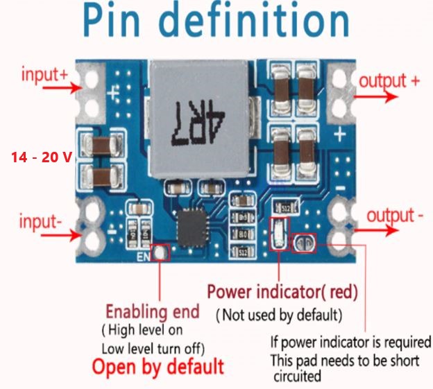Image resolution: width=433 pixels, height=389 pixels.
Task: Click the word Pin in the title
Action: click(x=111, y=21)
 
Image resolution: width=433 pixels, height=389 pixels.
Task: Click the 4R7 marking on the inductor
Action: click(x=198, y=123)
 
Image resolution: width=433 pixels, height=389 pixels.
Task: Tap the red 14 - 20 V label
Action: click(x=42, y=157)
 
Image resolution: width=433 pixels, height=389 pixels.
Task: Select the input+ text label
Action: click(x=44, y=74)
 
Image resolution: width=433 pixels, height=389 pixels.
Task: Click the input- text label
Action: click(x=40, y=221)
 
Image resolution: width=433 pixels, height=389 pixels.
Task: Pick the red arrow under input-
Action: click(x=61, y=235)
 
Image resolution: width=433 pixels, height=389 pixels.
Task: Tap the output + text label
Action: click(x=389, y=82)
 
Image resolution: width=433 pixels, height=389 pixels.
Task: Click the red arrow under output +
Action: click(x=376, y=96)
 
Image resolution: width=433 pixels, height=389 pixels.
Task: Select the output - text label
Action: click(x=395, y=216)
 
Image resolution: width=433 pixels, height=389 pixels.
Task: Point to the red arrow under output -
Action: click(x=377, y=230)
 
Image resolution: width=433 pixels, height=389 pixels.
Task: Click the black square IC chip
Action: click(x=192, y=228)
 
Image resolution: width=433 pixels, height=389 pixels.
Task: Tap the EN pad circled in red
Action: click(x=160, y=252)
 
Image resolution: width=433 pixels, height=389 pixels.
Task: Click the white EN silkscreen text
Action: click(x=143, y=257)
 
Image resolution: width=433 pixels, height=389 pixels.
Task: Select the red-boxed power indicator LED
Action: click(x=280, y=234)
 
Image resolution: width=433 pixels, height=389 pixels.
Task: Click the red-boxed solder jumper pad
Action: click(x=304, y=243)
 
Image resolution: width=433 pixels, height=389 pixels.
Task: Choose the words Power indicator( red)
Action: click(x=282, y=292)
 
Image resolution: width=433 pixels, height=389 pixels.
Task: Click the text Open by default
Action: click(x=158, y=367)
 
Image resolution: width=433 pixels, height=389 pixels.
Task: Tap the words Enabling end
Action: click(x=153, y=312)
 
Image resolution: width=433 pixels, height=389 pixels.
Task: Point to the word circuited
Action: click(x=298, y=376)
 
